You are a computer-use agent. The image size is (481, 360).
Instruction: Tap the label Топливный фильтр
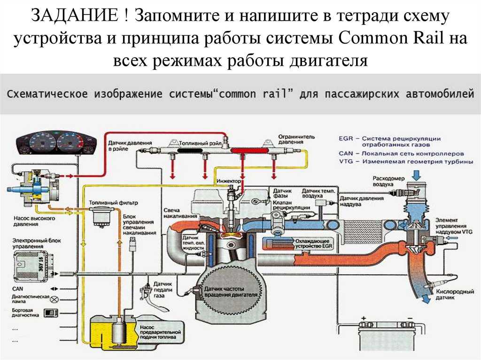pos(112,202)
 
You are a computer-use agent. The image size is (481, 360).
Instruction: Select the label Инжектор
pos(229,181)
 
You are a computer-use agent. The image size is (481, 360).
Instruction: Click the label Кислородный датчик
pos(455,295)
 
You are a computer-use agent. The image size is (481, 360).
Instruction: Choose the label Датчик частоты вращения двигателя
pos(231,293)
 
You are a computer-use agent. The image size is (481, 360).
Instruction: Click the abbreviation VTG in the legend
pos(344,161)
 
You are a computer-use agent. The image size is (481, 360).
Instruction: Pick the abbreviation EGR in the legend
pos(345,138)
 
